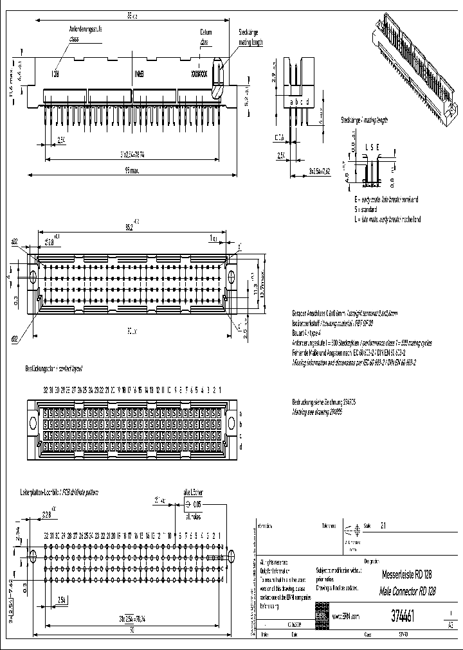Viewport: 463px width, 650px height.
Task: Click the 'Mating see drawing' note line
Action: click(324, 409)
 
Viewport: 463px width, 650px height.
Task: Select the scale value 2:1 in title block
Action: click(384, 525)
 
